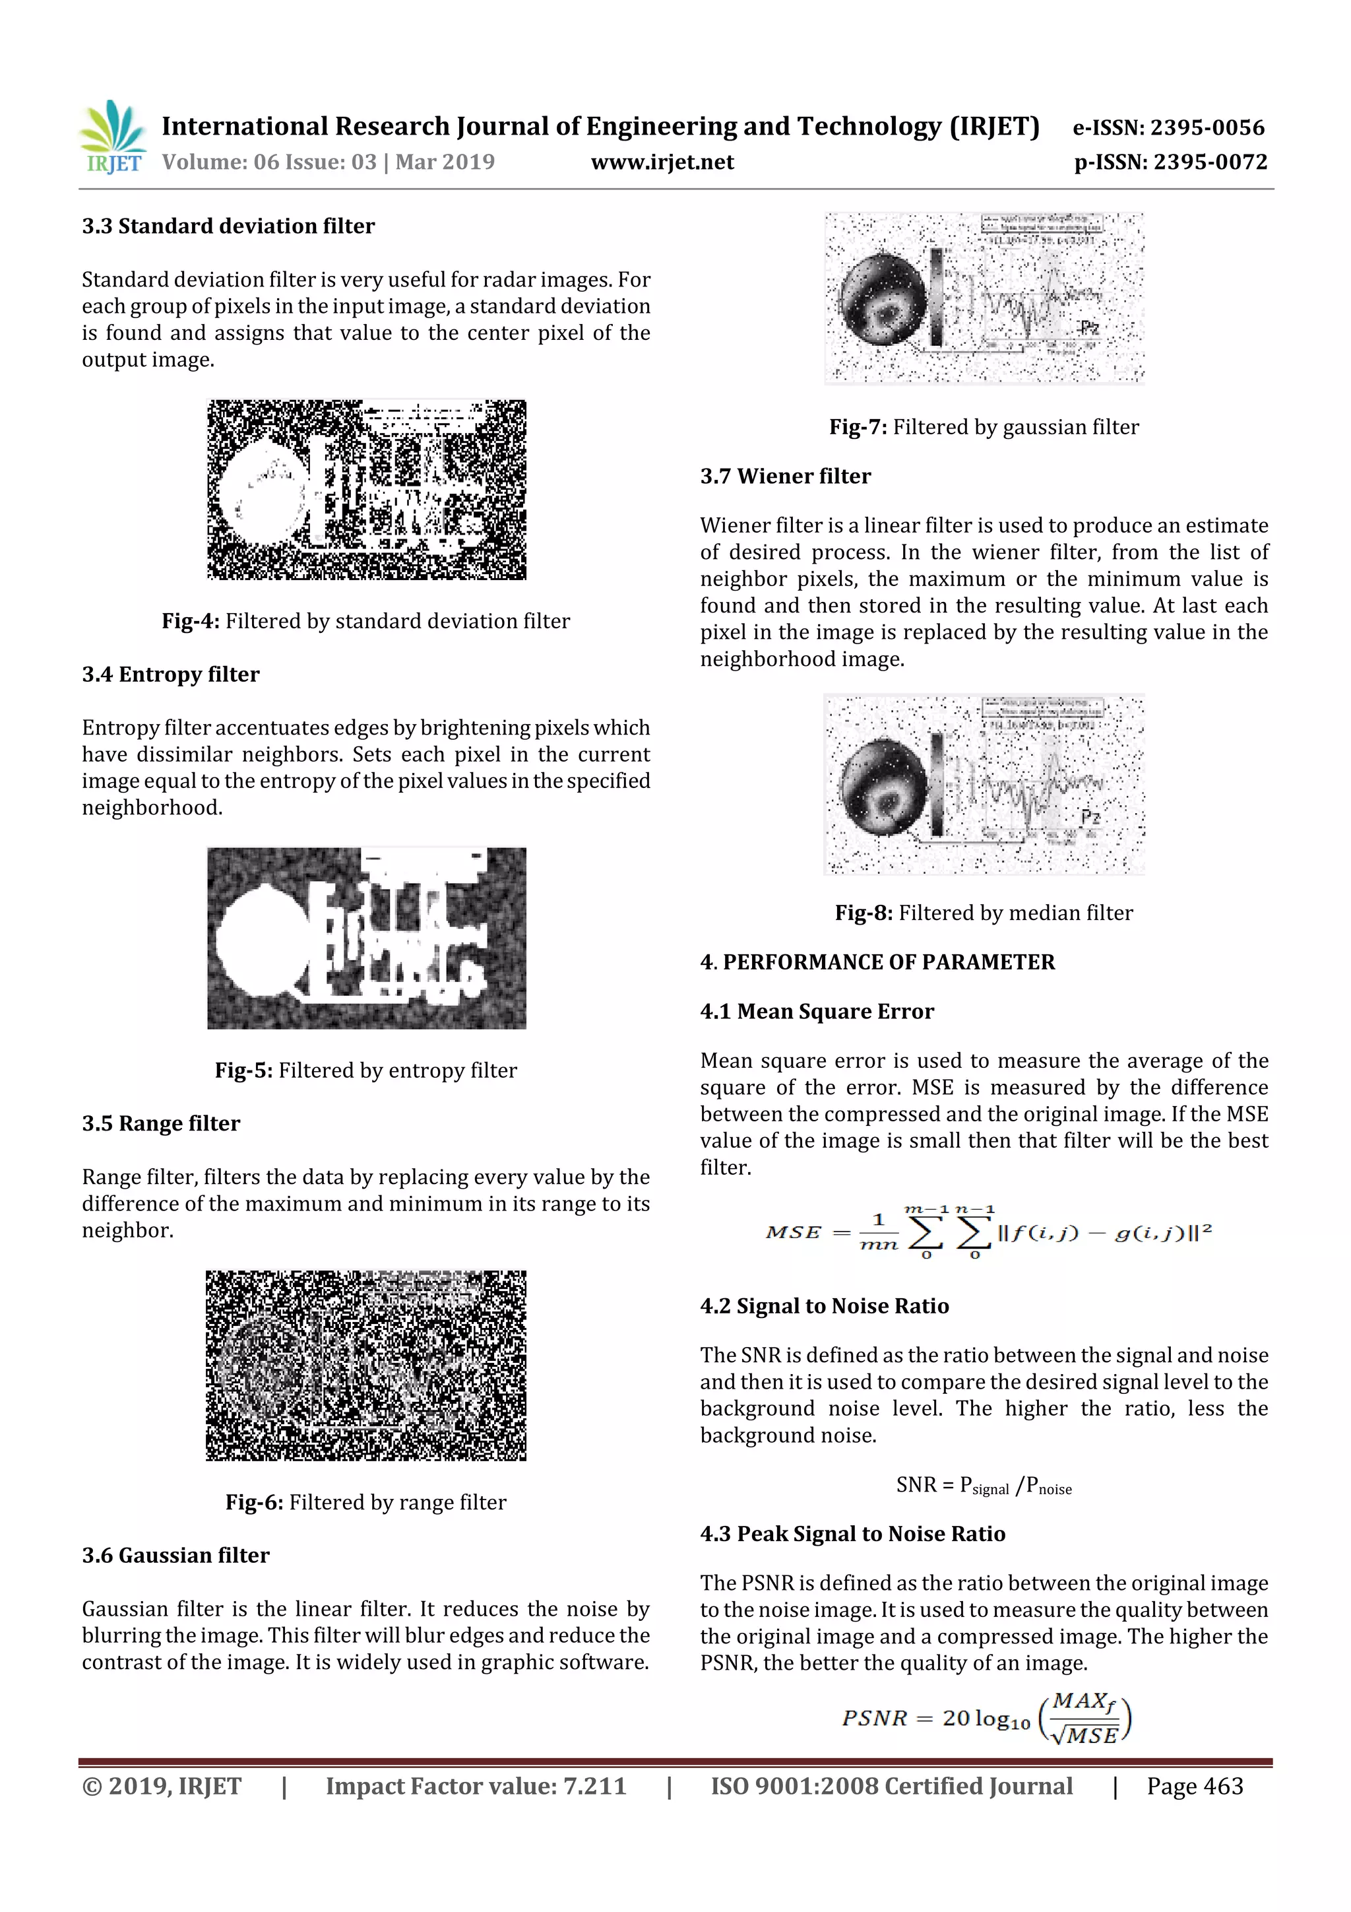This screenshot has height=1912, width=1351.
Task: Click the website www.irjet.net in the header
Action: (662, 162)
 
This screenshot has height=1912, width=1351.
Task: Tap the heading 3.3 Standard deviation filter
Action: (228, 226)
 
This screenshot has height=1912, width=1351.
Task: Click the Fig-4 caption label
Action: (191, 621)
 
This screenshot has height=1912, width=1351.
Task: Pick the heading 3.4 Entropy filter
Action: (171, 675)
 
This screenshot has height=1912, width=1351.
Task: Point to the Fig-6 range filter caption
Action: (365, 1502)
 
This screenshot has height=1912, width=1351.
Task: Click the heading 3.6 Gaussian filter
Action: (175, 1556)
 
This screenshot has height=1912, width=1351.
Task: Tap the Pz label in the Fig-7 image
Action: (1089, 327)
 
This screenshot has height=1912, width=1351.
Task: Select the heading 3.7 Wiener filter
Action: (785, 477)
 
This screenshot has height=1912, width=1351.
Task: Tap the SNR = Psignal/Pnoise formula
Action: (984, 1486)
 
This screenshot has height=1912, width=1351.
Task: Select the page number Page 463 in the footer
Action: (1195, 1786)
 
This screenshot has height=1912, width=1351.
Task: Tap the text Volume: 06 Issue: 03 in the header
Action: (269, 162)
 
